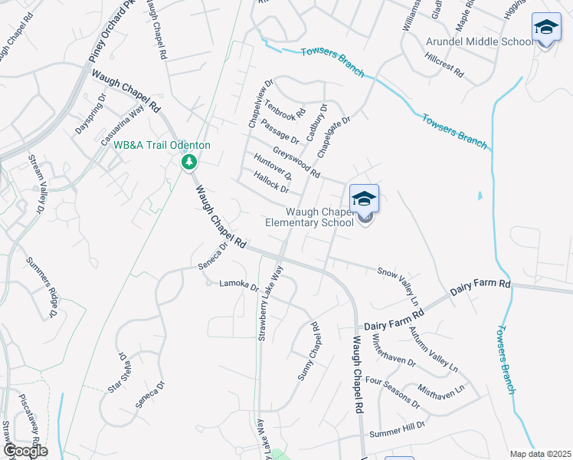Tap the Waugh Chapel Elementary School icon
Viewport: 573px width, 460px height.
(x=365, y=199)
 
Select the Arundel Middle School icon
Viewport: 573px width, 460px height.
(x=545, y=29)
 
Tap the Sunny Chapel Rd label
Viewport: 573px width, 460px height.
(x=307, y=352)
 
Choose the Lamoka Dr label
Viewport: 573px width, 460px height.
(x=239, y=286)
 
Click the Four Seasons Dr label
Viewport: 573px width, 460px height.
(x=392, y=390)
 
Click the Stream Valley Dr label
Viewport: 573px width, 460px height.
(x=35, y=183)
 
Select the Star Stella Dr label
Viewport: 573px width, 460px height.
(x=116, y=373)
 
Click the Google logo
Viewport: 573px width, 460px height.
(x=25, y=451)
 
